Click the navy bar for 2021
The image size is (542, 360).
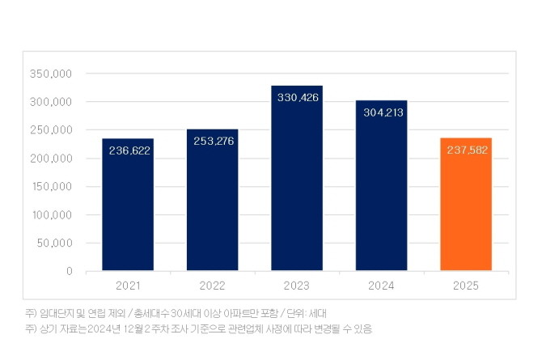(128, 218)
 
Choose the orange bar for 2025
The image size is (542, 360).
(466, 218)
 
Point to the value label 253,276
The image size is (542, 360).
(212, 141)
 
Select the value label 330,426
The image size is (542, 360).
(297, 98)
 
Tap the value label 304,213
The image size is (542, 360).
(381, 113)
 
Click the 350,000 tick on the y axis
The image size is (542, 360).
(52, 74)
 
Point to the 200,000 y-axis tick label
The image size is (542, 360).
(52, 159)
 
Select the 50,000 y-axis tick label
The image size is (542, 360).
(55, 243)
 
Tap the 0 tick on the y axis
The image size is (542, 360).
(70, 271)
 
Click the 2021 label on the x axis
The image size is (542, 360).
(128, 286)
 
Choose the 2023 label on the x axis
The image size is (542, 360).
(297, 286)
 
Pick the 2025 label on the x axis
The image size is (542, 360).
(466, 286)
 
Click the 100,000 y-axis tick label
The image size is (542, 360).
(52, 215)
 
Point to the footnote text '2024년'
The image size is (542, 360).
(108, 328)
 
